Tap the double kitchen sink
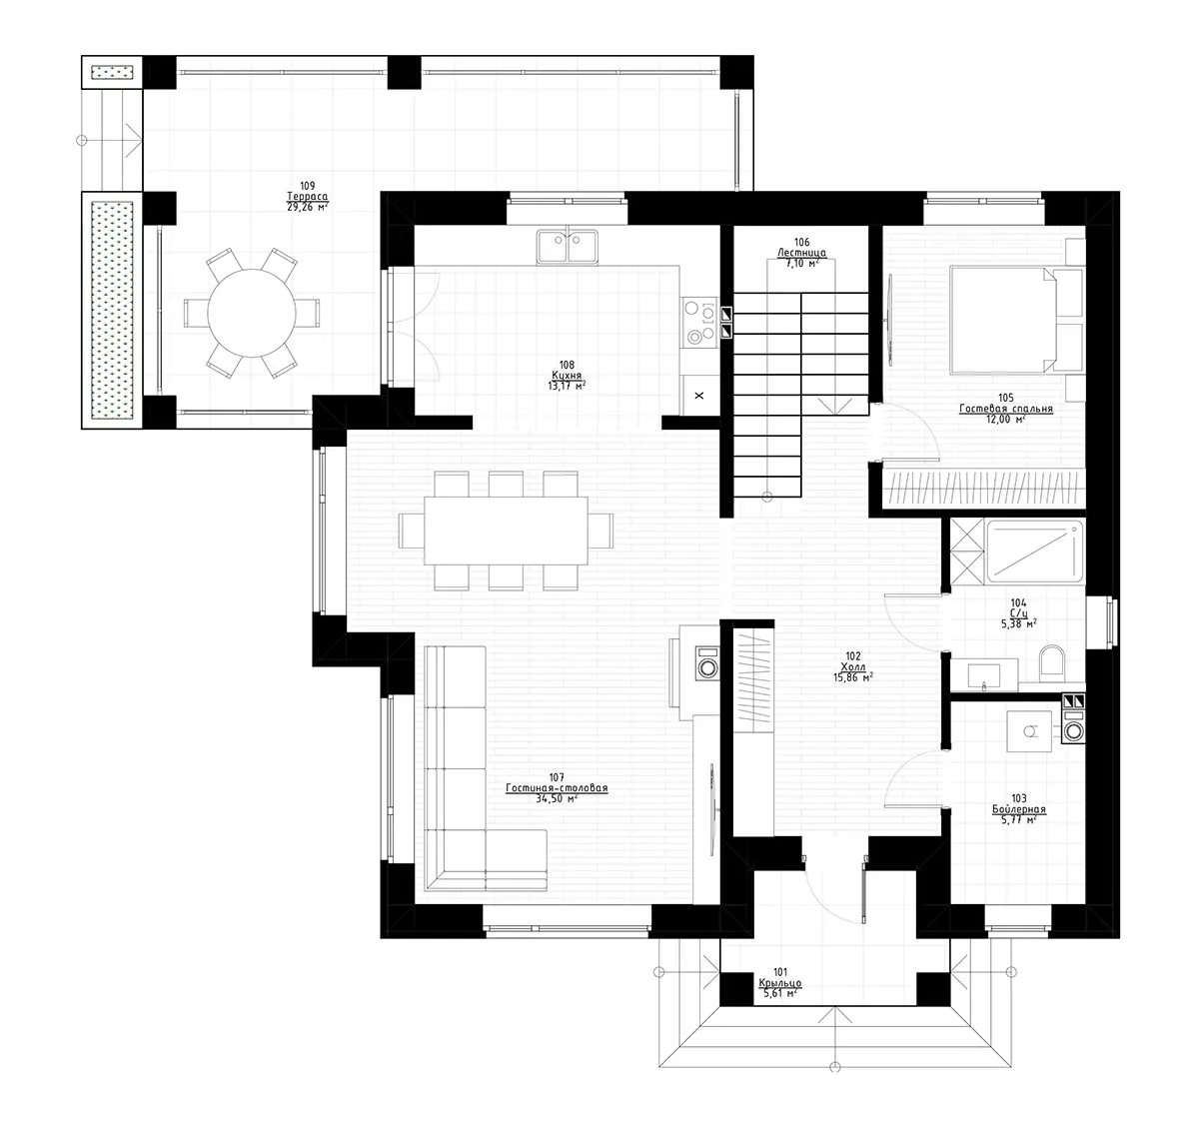click(x=567, y=246)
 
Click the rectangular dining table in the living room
click(x=506, y=530)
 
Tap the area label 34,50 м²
click(x=557, y=799)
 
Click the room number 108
click(x=568, y=365)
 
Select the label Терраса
click(x=307, y=197)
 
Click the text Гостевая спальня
click(x=1005, y=409)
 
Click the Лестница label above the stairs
click(x=801, y=253)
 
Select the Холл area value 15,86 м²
click(x=853, y=676)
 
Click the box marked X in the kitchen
click(x=698, y=396)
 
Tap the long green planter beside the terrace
click(x=112, y=309)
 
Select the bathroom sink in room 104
click(x=984, y=674)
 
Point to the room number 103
click(x=1018, y=798)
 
